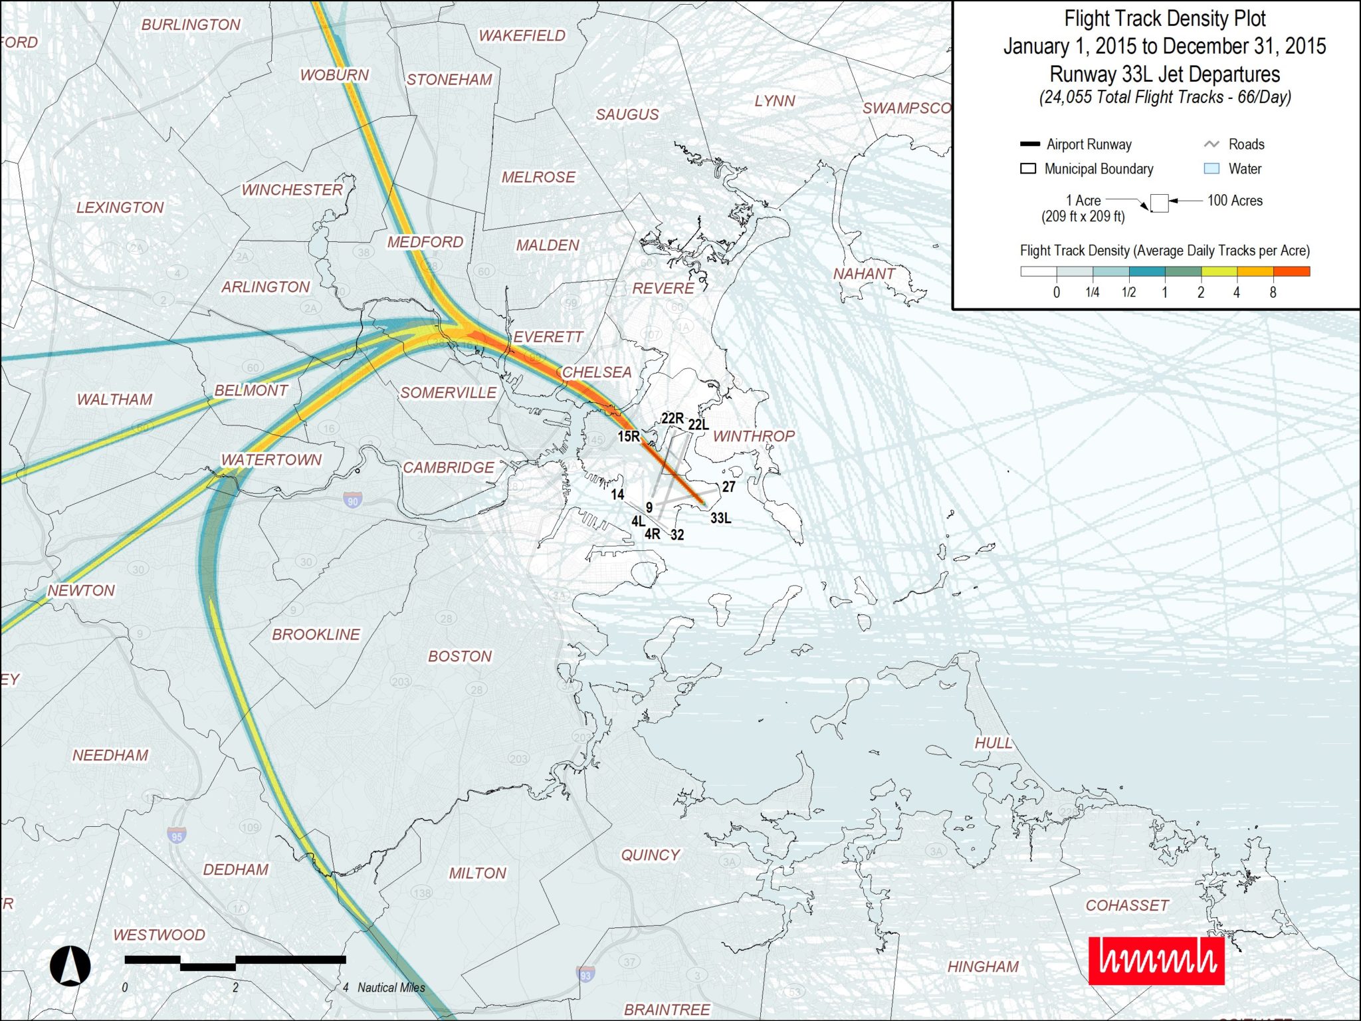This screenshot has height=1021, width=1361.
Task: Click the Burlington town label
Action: pos(191,25)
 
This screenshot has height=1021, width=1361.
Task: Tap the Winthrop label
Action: pos(754,436)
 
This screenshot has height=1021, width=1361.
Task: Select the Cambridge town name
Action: pos(449,467)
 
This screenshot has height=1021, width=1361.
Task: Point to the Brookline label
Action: pos(316,634)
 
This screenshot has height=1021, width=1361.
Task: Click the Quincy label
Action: pos(650,855)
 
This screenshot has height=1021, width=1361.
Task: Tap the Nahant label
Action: pos(864,273)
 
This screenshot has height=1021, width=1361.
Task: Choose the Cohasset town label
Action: pos(1127,905)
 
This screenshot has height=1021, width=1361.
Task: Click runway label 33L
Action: pos(721,518)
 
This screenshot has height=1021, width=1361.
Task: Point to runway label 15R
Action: pos(629,437)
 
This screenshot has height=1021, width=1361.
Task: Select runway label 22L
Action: pos(698,425)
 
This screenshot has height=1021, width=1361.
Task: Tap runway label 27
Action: pos(729,487)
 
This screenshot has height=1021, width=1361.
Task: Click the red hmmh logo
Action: pos(1156,960)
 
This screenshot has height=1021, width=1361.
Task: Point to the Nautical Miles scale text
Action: pos(391,988)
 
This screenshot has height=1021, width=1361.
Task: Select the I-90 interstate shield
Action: pos(353,500)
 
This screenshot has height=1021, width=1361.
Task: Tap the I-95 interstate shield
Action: pos(176,836)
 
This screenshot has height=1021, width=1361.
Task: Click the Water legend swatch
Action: pos(1211,169)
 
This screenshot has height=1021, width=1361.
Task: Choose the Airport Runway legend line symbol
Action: pos(1029,144)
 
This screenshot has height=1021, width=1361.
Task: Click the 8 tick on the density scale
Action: pos(1273,292)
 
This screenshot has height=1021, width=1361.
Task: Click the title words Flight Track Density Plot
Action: pos(1164,19)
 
